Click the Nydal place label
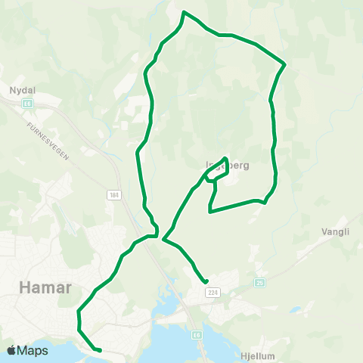pyautogui.click(x=21, y=90)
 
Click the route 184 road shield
pyautogui.click(x=114, y=195)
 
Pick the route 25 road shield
pyautogui.click(x=261, y=283)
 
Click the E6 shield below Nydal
pyautogui.click(x=28, y=102)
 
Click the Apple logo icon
pyautogui.click(x=12, y=350)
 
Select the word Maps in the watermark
pyautogui.click(x=33, y=350)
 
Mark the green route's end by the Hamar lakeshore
pyautogui.click(x=100, y=350)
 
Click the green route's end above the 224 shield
pyautogui.click(x=206, y=282)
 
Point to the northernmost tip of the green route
pyautogui.click(x=185, y=12)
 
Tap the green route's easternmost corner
pyautogui.click(x=284, y=64)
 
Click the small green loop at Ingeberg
pyautogui.click(x=217, y=170)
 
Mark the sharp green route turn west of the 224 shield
pyautogui.click(x=163, y=242)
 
